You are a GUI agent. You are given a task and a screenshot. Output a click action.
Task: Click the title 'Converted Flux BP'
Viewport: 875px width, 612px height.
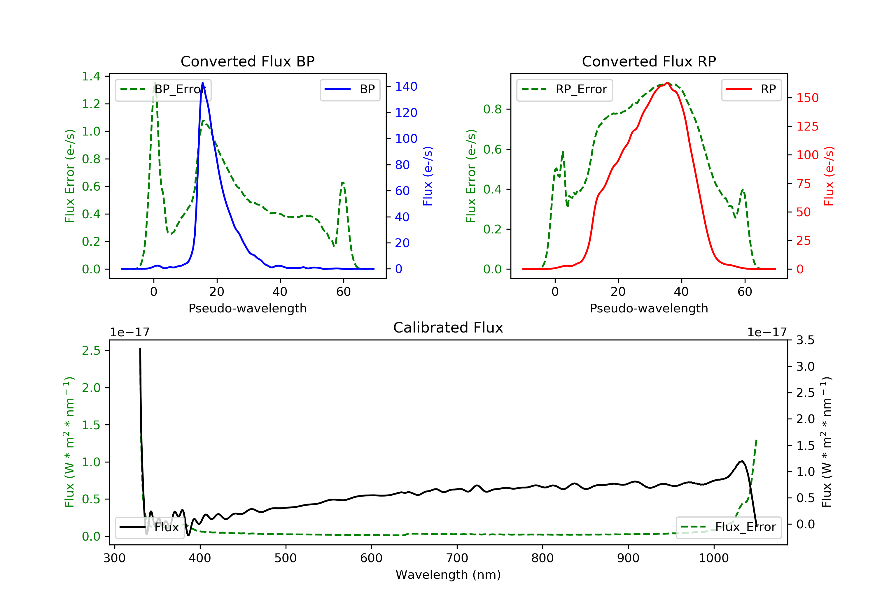(247, 61)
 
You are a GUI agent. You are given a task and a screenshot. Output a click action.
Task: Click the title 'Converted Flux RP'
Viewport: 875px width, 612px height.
(649, 61)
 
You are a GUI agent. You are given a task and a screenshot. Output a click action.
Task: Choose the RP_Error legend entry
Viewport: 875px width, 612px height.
(564, 89)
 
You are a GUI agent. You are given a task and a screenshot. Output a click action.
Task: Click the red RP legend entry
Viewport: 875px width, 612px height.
(751, 89)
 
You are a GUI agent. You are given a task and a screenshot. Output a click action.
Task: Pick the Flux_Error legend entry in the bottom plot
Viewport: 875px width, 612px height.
(728, 527)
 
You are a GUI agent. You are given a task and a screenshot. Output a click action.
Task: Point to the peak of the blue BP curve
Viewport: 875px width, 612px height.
(202, 83)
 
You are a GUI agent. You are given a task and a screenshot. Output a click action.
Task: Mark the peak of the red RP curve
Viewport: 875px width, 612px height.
(667, 83)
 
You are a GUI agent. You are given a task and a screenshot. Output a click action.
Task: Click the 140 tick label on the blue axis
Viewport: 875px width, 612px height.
(406, 87)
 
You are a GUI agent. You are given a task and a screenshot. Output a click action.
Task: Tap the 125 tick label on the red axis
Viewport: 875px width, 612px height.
(807, 126)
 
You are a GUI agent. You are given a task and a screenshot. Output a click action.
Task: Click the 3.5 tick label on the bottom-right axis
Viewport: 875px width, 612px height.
(805, 340)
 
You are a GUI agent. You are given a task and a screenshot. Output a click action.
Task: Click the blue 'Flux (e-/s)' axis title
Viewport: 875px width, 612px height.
(428, 176)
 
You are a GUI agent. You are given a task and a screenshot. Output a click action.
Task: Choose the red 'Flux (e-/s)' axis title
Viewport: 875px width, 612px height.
(829, 176)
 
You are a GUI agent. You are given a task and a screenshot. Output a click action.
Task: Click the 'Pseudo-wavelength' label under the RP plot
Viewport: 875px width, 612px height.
(649, 308)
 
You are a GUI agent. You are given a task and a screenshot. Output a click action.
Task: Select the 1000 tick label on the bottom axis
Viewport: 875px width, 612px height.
(713, 558)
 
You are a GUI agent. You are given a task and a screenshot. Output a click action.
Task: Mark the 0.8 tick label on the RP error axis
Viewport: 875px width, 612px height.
(492, 109)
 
